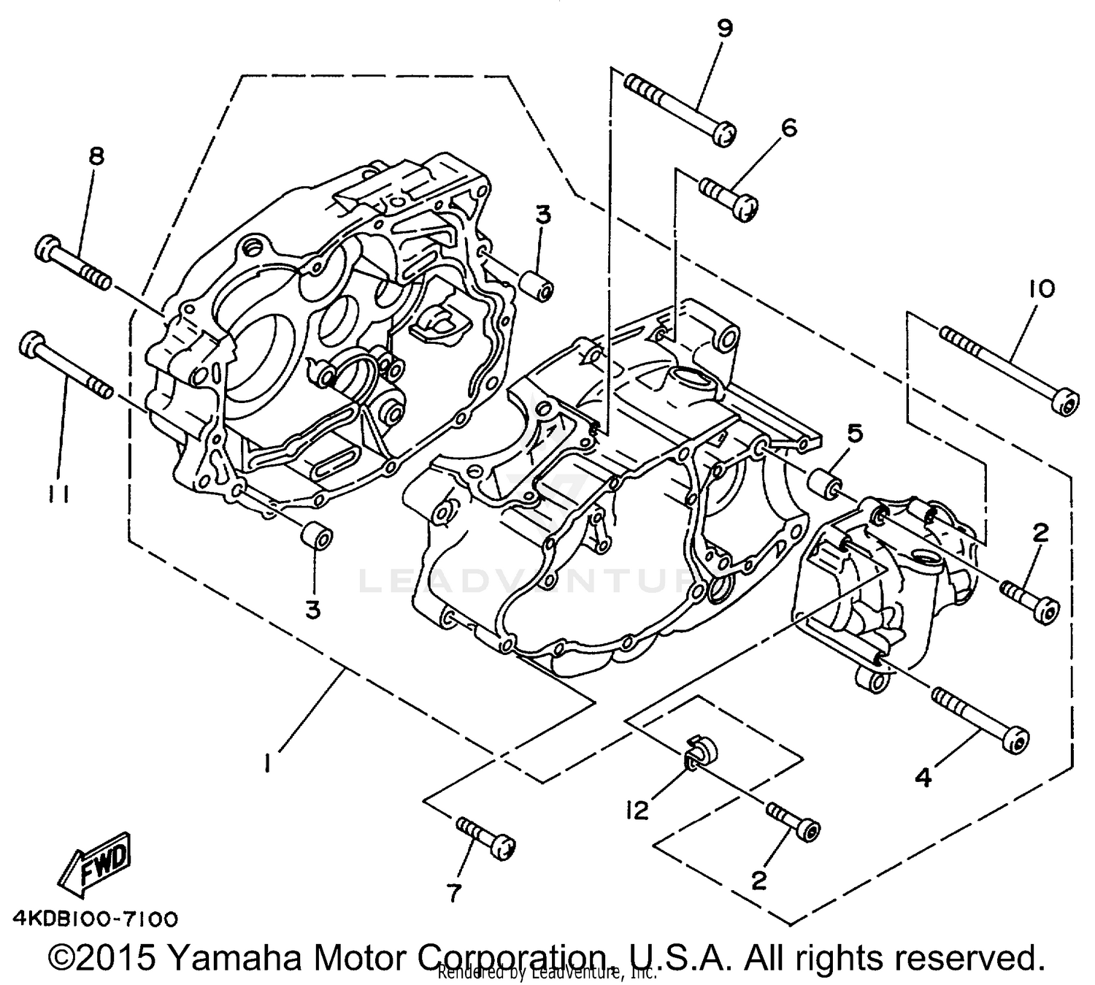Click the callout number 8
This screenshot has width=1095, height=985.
[96, 156]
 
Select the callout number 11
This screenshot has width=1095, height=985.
[59, 495]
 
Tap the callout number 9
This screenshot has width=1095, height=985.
[723, 28]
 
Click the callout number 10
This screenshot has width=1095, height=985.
[1042, 289]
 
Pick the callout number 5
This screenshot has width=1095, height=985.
[854, 433]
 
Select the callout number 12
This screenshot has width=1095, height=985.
[637, 810]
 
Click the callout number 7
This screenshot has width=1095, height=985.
[454, 892]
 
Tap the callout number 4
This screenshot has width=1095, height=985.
[923, 778]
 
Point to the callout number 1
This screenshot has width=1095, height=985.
[269, 764]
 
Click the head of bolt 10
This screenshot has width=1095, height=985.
[1067, 402]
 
